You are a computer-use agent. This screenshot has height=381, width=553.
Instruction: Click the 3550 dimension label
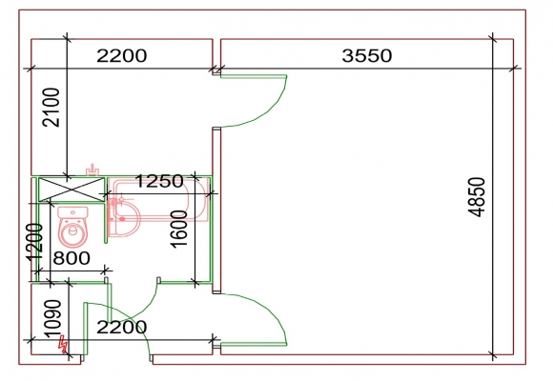point(367,55)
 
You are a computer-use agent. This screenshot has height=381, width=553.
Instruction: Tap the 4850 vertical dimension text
point(477,197)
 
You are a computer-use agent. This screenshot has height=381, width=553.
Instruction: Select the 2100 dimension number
point(51,107)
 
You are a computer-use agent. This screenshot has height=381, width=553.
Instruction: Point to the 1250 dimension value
point(159,182)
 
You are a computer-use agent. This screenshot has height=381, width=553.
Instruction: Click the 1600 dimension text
point(179,230)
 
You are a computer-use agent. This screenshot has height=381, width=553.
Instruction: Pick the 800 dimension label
point(72,258)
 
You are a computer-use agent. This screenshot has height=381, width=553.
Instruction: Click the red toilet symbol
point(72,227)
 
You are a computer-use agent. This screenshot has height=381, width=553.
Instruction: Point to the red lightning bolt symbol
point(63,345)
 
